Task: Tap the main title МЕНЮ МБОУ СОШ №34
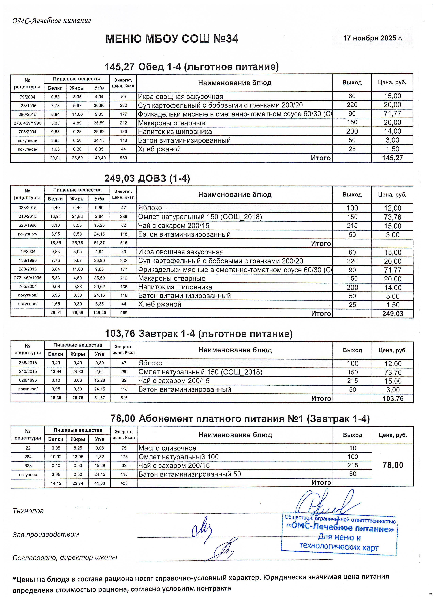[x=172, y=39]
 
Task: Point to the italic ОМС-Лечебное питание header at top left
[x=52, y=21]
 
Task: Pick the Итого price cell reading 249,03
[x=393, y=313]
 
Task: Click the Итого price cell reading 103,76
[x=393, y=399]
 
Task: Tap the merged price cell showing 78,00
[x=393, y=465]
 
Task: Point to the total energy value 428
[x=124, y=483]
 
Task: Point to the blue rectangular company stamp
[x=339, y=534]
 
